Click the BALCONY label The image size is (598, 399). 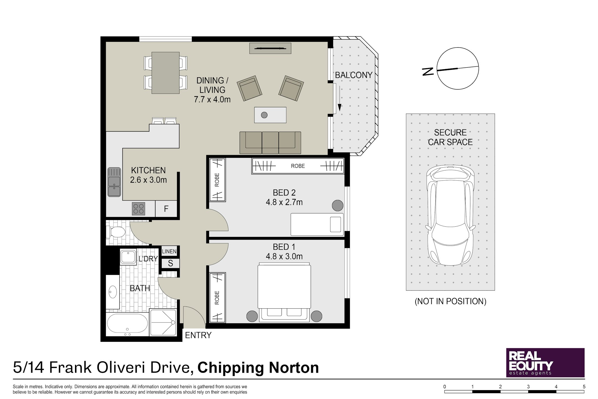pyautogui.click(x=354, y=75)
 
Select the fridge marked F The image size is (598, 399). pyautogui.click(x=166, y=209)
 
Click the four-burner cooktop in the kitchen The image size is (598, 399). pyautogui.click(x=138, y=209)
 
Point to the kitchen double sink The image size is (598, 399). pyautogui.click(x=114, y=182)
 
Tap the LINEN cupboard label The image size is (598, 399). pyautogui.click(x=169, y=251)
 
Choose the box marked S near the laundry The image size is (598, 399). pyautogui.click(x=170, y=263)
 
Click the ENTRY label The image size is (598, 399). pyautogui.click(x=198, y=335)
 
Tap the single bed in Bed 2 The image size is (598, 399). pyautogui.click(x=317, y=224)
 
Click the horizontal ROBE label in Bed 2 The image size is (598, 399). pyautogui.click(x=298, y=166)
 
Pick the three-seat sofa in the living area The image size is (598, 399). pyautogui.click(x=270, y=142)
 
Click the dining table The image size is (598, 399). pyautogui.click(x=166, y=73)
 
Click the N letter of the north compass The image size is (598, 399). pyautogui.click(x=428, y=71)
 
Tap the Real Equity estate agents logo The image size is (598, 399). pyautogui.click(x=545, y=363)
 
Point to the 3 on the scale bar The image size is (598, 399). pyautogui.click(x=528, y=387)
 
